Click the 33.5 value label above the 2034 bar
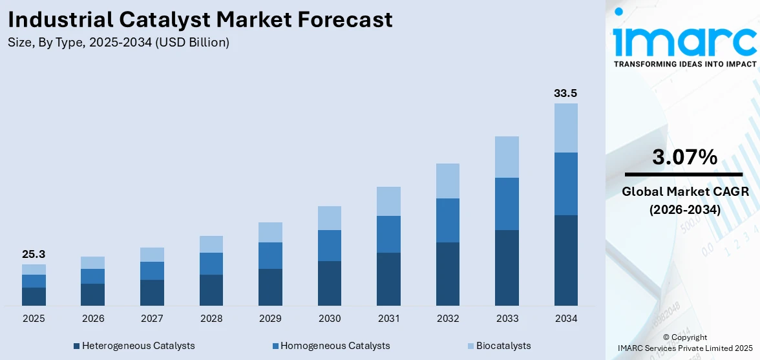(x=565, y=93)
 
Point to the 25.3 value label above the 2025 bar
(x=34, y=254)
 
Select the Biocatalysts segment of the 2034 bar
(x=565, y=128)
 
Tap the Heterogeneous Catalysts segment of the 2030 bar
(x=330, y=283)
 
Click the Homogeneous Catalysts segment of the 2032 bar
(x=448, y=220)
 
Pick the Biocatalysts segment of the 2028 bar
(x=211, y=244)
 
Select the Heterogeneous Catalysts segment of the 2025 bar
(x=34, y=297)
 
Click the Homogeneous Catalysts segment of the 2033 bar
(x=507, y=204)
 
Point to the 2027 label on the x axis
(x=152, y=319)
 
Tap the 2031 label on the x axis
(x=388, y=319)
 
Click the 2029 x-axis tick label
(x=270, y=319)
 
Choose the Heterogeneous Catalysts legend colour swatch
(x=77, y=346)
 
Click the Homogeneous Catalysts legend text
(x=335, y=346)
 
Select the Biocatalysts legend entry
(x=494, y=346)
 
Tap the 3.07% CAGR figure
(x=684, y=157)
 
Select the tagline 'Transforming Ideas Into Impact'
(x=684, y=64)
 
